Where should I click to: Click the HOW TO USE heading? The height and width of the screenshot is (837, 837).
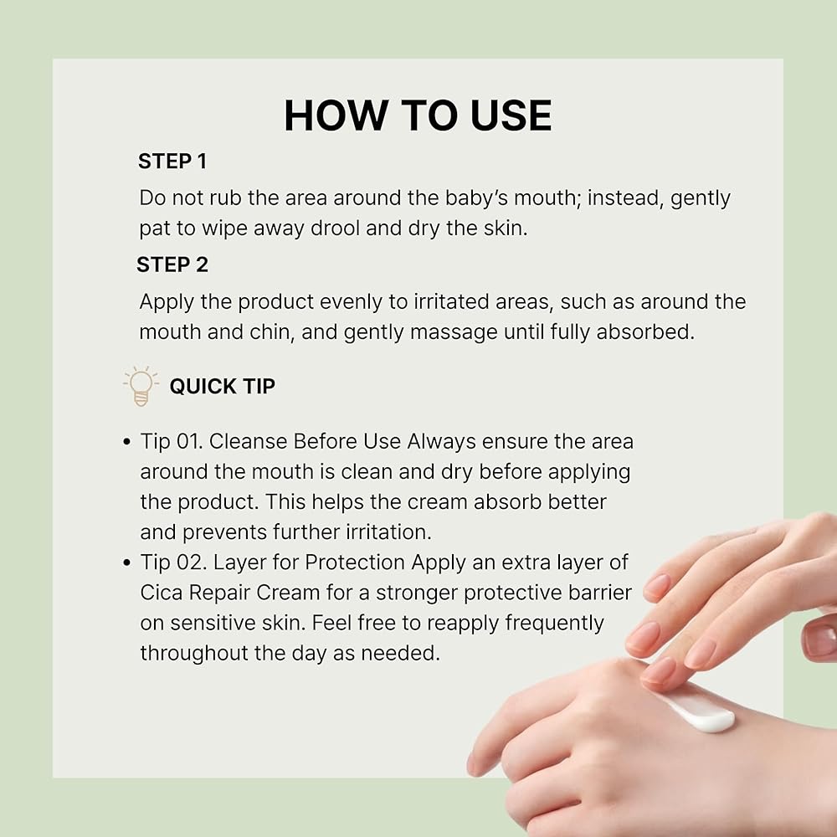[x=418, y=116]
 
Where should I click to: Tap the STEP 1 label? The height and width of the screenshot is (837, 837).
[x=172, y=162]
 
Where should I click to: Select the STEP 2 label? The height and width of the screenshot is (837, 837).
[x=172, y=264]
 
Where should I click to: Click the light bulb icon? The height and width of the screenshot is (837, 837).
[x=141, y=386]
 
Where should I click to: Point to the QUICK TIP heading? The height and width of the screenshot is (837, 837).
[x=222, y=386]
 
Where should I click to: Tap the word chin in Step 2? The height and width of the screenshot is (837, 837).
[x=270, y=332]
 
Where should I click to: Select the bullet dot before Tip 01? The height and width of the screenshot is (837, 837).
[x=126, y=442]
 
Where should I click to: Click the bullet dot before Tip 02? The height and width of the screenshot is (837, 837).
[x=126, y=562]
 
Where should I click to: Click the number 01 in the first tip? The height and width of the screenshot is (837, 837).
[x=189, y=441]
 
